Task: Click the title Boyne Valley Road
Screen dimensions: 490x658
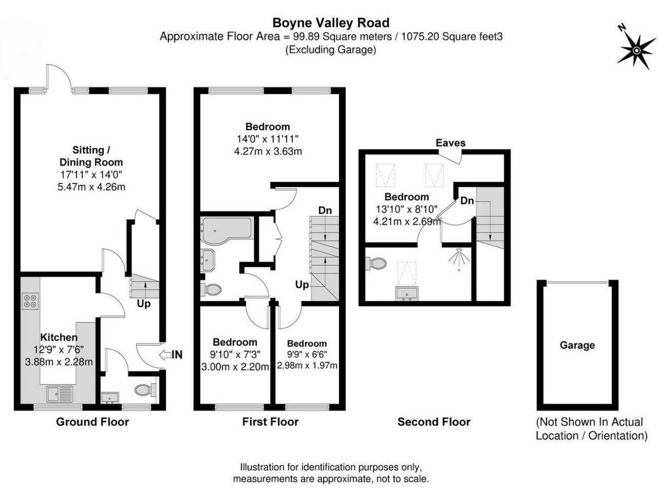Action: tap(331, 22)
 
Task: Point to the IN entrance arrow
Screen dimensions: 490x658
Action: tap(169, 355)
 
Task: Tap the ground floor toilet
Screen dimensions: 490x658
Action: tap(144, 390)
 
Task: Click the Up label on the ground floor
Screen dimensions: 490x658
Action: tap(144, 303)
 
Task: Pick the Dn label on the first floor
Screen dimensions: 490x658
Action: tap(325, 210)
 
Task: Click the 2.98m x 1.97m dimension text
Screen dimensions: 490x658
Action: tap(307, 366)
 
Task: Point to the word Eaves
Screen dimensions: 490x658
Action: tap(450, 143)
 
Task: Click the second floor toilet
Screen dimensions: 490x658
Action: tap(377, 264)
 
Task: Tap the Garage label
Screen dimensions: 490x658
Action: tap(577, 345)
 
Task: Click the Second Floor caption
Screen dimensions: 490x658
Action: tap(434, 422)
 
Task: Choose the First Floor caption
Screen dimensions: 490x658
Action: tap(270, 422)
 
